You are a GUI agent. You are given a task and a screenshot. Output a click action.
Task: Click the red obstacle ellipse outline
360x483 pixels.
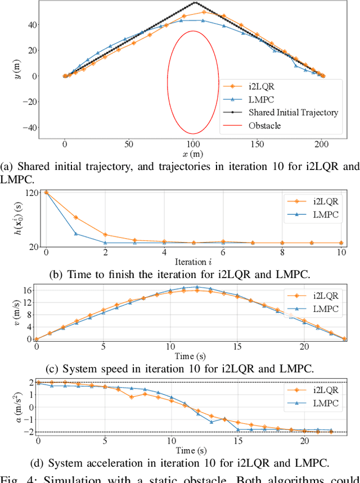tap(168, 82)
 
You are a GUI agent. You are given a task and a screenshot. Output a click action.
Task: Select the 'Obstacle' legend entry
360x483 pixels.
tap(264, 125)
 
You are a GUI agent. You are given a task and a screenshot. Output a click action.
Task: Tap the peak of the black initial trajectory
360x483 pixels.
tap(193, 3)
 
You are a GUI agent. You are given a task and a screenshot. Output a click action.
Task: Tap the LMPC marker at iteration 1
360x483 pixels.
tap(76, 234)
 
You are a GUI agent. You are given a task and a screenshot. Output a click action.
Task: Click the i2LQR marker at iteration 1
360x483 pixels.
tap(76, 217)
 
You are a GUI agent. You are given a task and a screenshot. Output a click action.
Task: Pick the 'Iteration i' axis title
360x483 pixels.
tap(193, 262)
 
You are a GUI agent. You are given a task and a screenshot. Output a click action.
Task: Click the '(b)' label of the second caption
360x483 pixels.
tap(57, 275)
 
